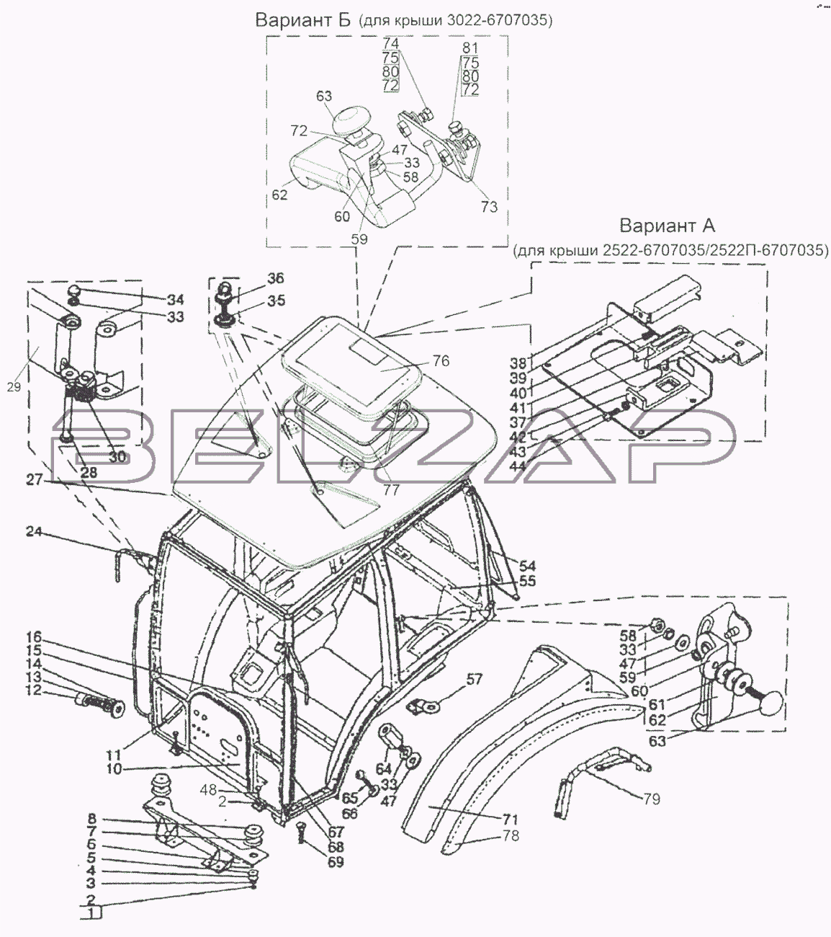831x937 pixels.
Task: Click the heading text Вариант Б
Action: tap(302, 20)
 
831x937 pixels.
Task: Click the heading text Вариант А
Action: tap(667, 226)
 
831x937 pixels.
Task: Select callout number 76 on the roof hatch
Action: tap(441, 360)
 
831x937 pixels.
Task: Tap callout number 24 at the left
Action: tap(34, 533)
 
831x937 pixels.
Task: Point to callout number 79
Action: tap(651, 799)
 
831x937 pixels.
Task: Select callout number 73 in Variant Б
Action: tap(488, 207)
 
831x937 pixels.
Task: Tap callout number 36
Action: tap(276, 278)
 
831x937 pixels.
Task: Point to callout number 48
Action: tap(208, 789)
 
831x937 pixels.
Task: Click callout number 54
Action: tap(527, 566)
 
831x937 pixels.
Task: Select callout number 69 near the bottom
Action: tap(336, 862)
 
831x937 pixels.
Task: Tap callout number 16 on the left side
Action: tap(34, 637)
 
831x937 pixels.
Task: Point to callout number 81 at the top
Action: tap(470, 48)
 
